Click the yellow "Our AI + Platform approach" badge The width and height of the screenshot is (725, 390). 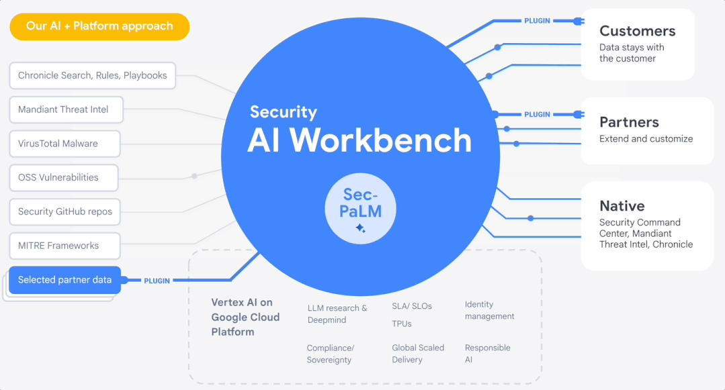[99, 27]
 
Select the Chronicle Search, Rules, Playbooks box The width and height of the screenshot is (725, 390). [93, 76]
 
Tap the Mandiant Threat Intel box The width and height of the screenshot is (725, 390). [66, 109]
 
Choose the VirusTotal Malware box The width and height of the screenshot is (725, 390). [65, 144]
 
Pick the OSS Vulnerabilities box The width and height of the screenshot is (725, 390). [64, 178]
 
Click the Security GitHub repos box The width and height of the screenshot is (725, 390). [65, 211]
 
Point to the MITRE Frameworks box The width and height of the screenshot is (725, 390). [65, 246]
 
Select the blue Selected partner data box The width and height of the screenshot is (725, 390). [65, 280]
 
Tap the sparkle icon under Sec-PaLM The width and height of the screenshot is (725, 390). [361, 229]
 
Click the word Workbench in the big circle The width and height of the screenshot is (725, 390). [381, 140]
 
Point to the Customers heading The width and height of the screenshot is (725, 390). [637, 31]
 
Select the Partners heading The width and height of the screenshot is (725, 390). [629, 122]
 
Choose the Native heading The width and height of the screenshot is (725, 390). [622, 206]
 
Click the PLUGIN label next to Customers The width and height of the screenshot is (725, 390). [537, 21]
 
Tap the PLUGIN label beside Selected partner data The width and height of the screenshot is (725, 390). [157, 281]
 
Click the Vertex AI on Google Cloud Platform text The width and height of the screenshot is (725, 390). [245, 317]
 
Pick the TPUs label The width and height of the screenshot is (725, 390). [402, 324]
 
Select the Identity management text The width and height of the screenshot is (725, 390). [489, 310]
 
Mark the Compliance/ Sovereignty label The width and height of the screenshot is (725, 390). [330, 354]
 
